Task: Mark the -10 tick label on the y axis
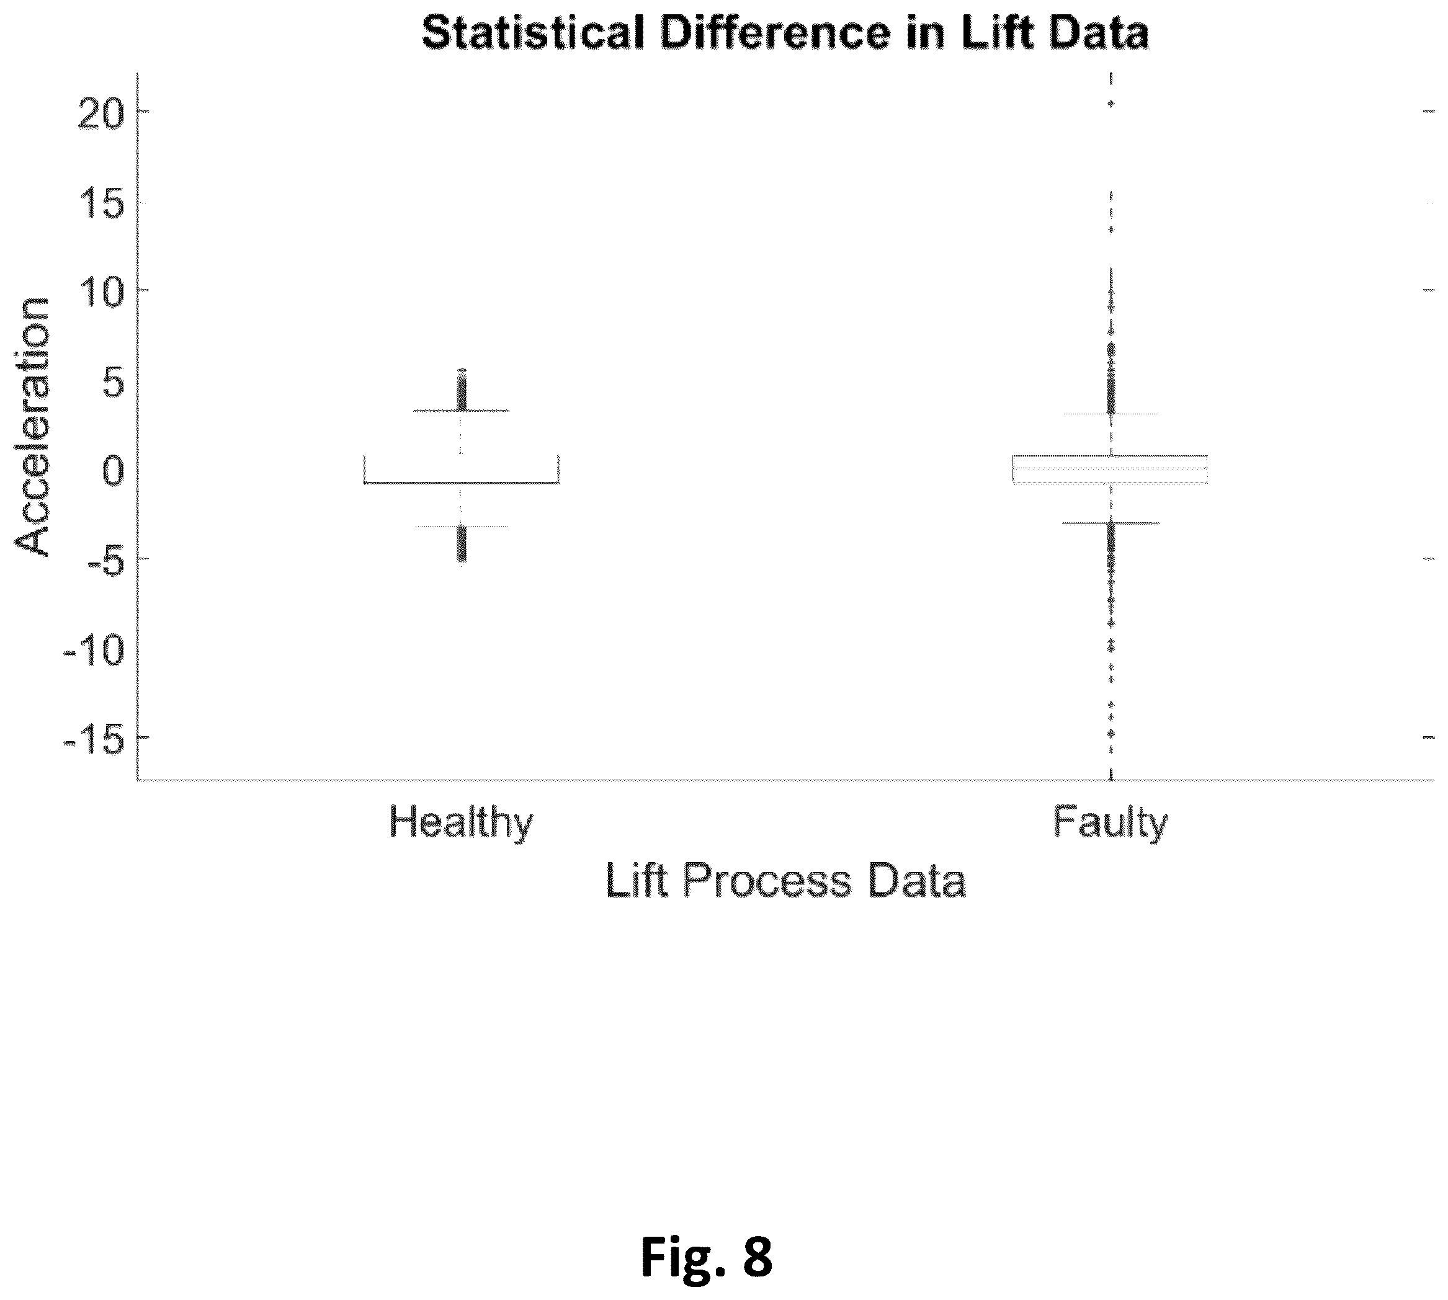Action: (x=94, y=649)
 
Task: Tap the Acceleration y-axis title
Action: (x=33, y=427)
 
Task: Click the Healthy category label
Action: (x=461, y=823)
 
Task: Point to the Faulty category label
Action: (x=1110, y=823)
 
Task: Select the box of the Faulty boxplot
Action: (x=1110, y=470)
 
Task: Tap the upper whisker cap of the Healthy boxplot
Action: (x=461, y=411)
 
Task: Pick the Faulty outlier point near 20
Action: (x=1111, y=104)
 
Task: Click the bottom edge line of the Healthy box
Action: (x=461, y=483)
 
